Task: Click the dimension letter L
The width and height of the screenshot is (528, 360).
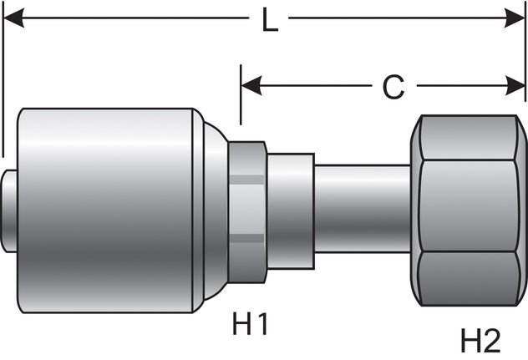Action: click(x=269, y=20)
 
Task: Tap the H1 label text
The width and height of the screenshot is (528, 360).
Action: click(x=250, y=322)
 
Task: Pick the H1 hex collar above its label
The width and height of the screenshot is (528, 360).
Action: click(x=247, y=205)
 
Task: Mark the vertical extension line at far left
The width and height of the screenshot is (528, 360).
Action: click(x=3, y=84)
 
